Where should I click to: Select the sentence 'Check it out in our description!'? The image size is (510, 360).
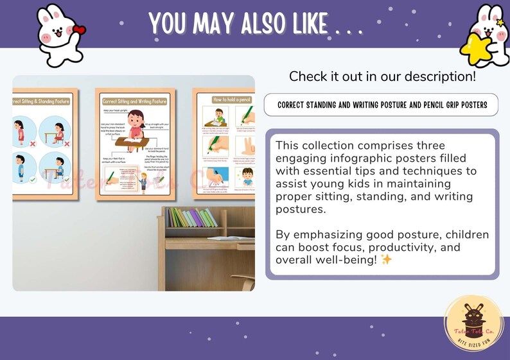382,76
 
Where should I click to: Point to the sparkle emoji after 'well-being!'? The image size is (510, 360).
387,260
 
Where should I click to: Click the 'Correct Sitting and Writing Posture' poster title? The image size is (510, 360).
135,101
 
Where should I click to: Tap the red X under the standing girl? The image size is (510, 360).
30,144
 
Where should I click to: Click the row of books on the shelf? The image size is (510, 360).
191,218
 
